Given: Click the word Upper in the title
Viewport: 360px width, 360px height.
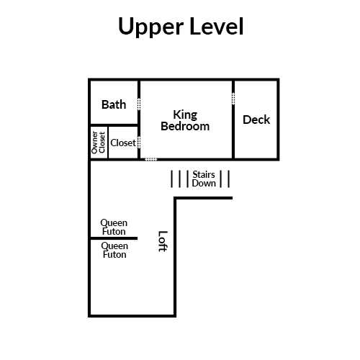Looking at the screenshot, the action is [150, 27].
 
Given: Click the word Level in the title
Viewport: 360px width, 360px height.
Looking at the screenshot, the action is [217, 26].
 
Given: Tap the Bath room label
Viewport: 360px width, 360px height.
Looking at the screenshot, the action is [114, 104].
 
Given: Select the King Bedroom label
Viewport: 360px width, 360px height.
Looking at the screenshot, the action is [185, 120].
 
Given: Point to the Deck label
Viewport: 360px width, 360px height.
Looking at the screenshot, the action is [256, 120].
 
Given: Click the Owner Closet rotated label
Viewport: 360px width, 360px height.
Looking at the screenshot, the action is [99, 143].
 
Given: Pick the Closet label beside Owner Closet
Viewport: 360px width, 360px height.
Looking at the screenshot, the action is [123, 143].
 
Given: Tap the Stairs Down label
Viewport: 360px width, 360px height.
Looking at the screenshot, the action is [204, 179].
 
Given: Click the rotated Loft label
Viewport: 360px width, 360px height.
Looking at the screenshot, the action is [163, 241].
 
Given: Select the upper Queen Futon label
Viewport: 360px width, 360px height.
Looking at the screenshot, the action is [114, 227].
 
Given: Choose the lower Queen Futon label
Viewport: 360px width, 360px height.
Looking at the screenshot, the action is [114, 250].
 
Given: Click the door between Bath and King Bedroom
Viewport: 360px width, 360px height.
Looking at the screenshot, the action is [139, 104].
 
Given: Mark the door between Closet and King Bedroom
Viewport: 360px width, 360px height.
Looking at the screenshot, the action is [139, 143].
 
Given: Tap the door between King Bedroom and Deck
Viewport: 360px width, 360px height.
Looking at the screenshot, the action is [233, 99].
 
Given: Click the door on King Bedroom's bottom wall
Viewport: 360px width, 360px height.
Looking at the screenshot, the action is [151, 159].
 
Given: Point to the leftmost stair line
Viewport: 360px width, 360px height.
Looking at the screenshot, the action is [171, 179].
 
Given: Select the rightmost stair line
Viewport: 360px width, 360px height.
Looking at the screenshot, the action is [229, 179].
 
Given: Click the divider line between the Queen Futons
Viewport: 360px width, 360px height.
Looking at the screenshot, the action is [114, 238].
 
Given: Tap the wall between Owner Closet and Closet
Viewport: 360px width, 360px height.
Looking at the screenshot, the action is [108, 142].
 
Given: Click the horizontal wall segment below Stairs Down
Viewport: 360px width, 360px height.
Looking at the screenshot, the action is [203, 198].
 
